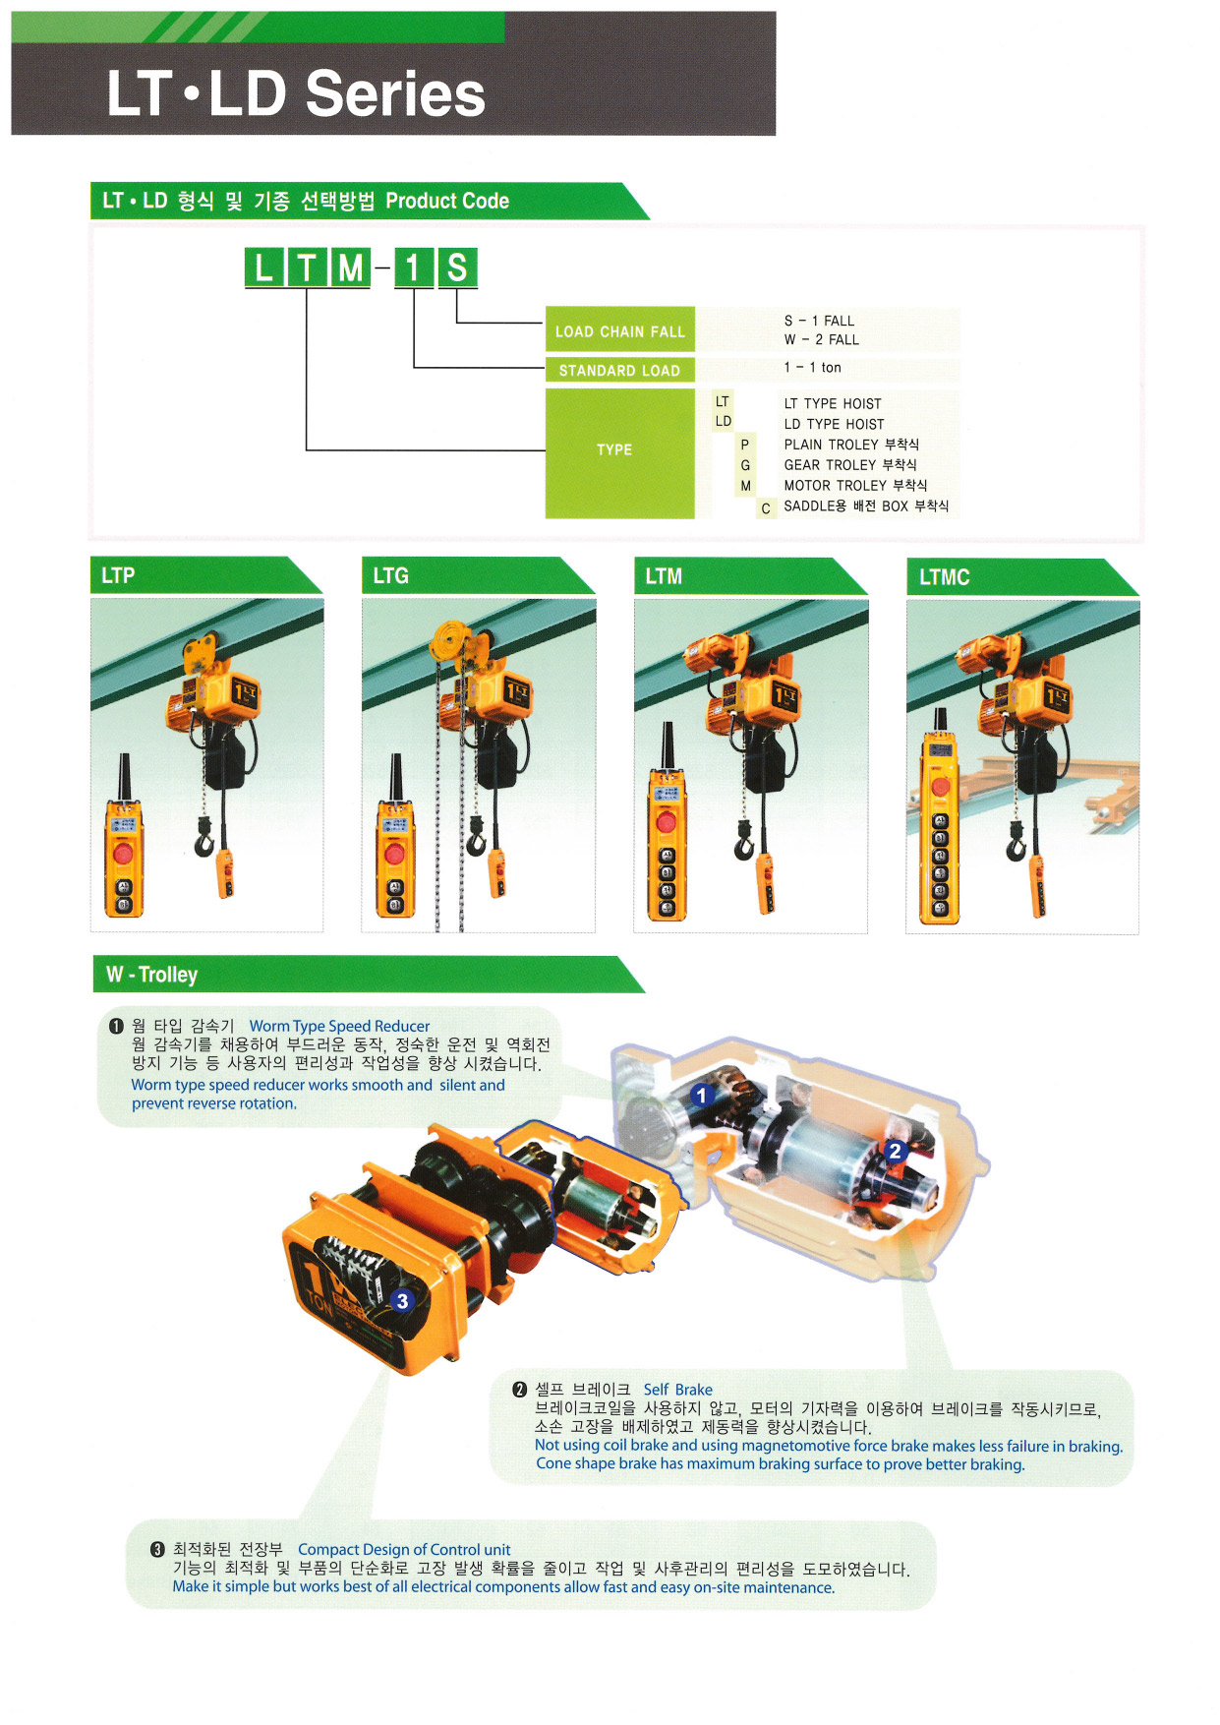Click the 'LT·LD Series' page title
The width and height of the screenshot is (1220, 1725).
point(296,94)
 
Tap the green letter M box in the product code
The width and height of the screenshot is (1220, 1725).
point(350,268)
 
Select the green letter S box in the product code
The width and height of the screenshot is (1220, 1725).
point(457,268)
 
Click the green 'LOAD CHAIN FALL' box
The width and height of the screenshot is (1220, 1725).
point(620,330)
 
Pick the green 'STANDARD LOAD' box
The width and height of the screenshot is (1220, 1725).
point(620,370)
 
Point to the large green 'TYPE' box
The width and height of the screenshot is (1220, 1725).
point(620,453)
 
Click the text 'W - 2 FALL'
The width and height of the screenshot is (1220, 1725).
point(822,339)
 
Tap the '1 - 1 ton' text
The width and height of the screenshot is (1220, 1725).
point(813,368)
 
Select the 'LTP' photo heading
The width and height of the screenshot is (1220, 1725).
point(118,575)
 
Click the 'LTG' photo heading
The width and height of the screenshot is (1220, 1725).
point(390,575)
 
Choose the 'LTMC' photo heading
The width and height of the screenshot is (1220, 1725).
point(944,577)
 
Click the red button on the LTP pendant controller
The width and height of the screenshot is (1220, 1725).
point(123,853)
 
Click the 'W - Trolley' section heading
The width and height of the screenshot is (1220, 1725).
point(152,975)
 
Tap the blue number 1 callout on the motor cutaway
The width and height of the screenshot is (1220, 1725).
point(701,1096)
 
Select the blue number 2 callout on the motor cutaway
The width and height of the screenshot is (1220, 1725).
point(895,1152)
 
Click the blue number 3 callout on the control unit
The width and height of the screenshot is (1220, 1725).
point(401,1301)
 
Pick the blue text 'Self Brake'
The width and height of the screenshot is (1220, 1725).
point(678,1390)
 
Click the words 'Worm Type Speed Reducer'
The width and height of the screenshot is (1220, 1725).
point(339,1026)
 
